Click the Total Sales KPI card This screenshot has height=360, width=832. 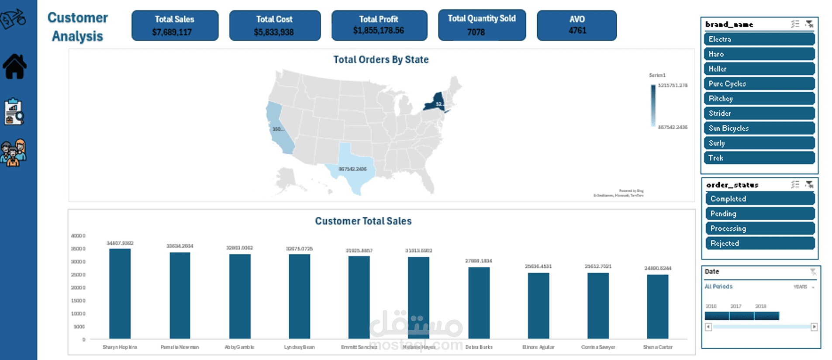[x=175, y=25]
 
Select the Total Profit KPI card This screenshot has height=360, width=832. [x=379, y=25]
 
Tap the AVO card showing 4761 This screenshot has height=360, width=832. [x=577, y=25]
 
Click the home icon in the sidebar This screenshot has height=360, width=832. [x=15, y=66]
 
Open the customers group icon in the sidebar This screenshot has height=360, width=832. [x=14, y=153]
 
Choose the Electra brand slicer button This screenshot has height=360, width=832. [x=759, y=39]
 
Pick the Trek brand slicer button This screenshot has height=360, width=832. [x=759, y=158]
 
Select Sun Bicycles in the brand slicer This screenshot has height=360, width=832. [x=759, y=128]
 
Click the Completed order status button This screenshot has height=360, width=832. [x=760, y=199]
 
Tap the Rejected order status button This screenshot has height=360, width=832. [x=760, y=243]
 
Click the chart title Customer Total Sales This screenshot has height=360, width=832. [x=363, y=221]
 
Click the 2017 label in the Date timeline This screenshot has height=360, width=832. [x=736, y=306]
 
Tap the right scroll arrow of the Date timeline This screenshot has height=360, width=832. [x=814, y=327]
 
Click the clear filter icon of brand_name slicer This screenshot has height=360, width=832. [x=809, y=24]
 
